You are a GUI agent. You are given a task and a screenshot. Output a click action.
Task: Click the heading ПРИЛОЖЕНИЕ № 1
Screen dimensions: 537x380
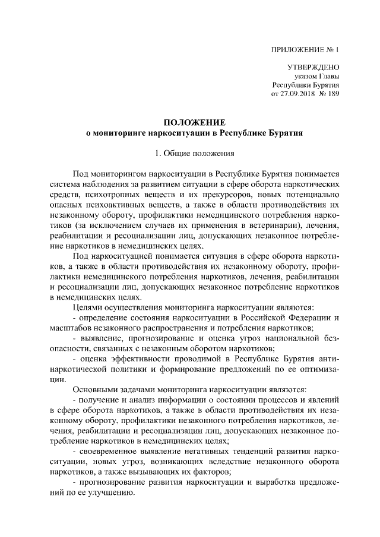[x=304, y=50]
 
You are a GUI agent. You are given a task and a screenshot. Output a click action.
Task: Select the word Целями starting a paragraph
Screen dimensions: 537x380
[x=88, y=307]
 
